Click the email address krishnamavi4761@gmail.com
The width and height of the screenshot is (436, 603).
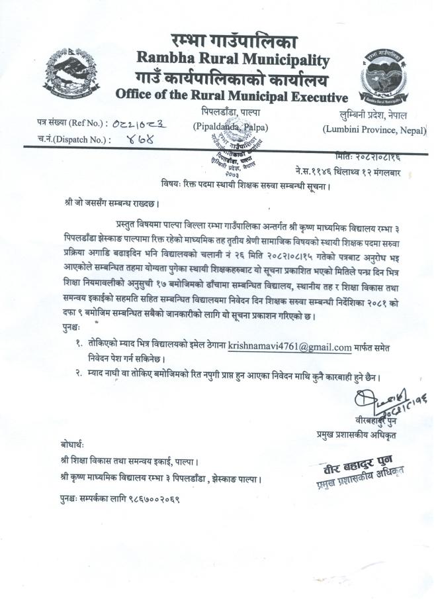tap(290, 346)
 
